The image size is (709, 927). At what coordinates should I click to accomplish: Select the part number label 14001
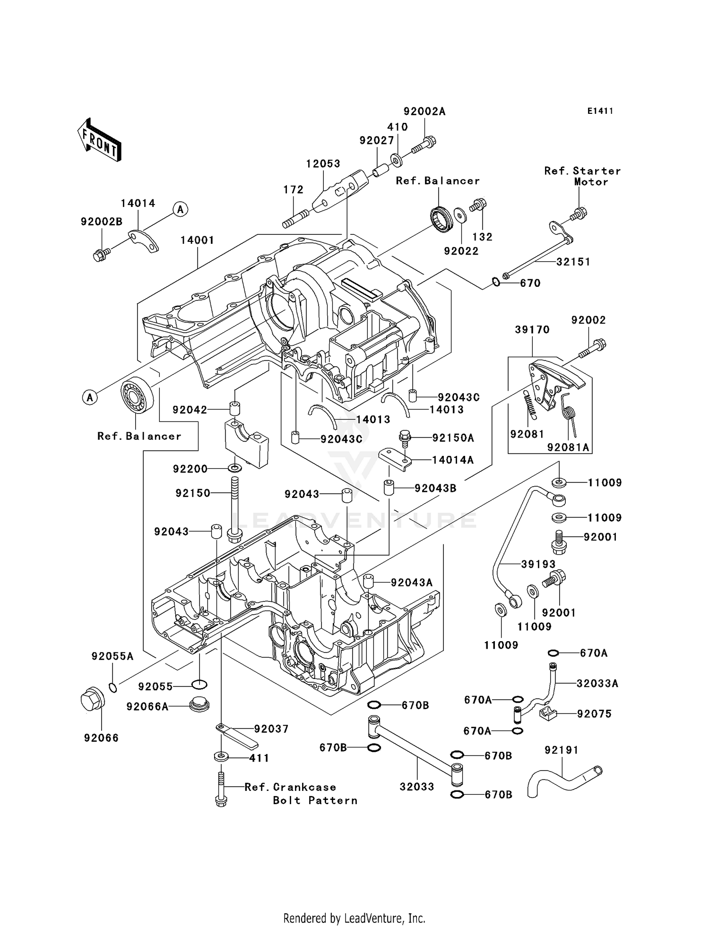(197, 240)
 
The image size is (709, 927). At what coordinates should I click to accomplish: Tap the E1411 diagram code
(600, 111)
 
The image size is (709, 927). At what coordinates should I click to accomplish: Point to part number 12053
(323, 164)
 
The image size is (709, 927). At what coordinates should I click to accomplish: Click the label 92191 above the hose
(561, 750)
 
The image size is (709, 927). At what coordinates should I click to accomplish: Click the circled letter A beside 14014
(180, 209)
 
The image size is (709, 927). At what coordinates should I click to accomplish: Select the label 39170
(532, 329)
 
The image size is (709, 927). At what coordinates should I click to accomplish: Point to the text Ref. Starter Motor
(582, 176)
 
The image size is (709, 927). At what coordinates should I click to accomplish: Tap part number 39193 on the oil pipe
(538, 564)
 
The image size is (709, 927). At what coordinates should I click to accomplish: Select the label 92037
(271, 729)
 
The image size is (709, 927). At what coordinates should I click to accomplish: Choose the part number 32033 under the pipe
(416, 787)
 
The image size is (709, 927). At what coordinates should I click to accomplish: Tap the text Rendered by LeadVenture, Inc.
(354, 918)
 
